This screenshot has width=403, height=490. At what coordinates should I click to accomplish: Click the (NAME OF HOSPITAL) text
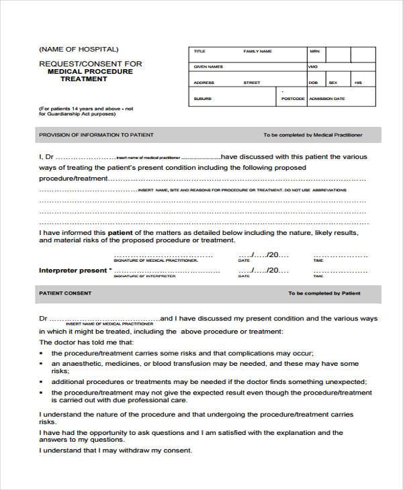[79, 49]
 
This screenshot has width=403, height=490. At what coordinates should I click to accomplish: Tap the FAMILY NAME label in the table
[257, 51]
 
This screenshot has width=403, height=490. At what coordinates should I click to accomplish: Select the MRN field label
[314, 51]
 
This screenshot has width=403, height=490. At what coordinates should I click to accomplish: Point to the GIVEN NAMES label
[208, 67]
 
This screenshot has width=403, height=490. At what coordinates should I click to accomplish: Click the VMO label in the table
[312, 67]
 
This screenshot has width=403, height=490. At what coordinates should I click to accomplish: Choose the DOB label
[313, 83]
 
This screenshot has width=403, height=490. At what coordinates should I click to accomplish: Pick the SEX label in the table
[332, 83]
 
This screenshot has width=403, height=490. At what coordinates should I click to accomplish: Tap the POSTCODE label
[293, 99]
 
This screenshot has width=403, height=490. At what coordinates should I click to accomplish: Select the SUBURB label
[202, 99]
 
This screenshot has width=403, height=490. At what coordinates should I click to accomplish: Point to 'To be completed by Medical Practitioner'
[312, 135]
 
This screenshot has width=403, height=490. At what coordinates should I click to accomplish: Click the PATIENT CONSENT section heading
[65, 293]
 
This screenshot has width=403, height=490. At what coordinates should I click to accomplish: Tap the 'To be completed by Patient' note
[324, 293]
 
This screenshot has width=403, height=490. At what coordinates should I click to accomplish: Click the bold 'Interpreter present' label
[73, 271]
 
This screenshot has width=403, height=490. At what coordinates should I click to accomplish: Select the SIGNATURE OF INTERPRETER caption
[144, 276]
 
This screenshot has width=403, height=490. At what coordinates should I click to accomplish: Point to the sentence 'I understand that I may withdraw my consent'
[116, 450]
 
